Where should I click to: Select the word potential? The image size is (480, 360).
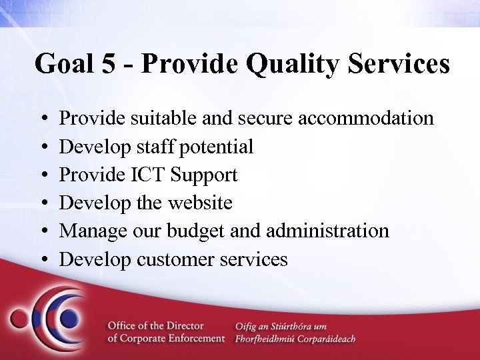(x=221, y=147)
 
